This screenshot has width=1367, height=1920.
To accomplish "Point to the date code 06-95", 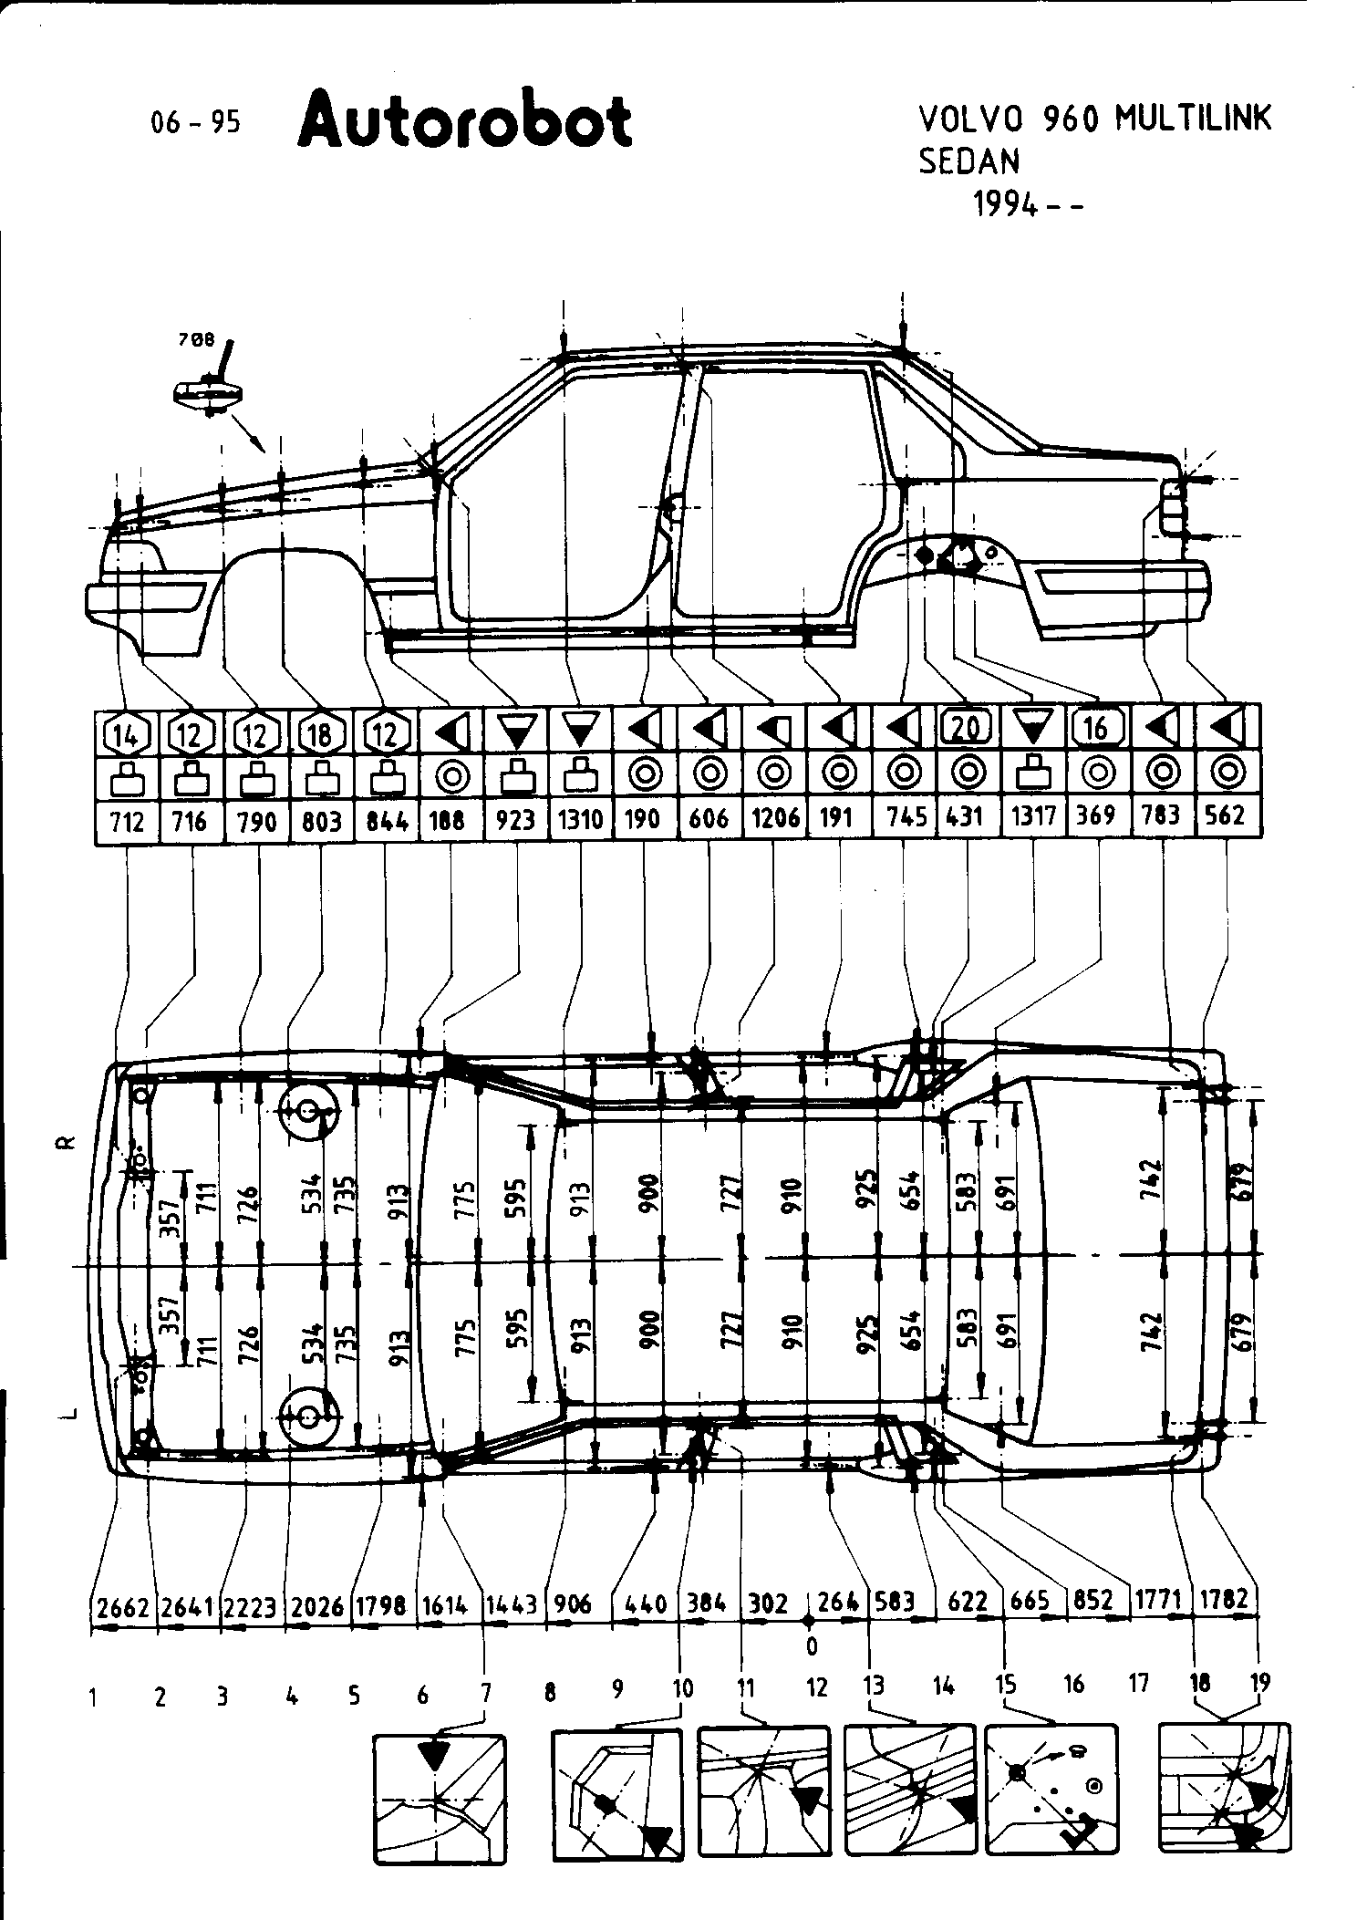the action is point(197,122).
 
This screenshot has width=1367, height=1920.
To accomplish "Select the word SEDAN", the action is point(968,161).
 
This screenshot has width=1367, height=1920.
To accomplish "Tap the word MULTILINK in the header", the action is point(1192,119).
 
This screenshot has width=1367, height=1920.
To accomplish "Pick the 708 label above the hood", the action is point(196,339).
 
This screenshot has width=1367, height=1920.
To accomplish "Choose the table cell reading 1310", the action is point(581,819).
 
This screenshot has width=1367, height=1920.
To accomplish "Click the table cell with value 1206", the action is point(775,818).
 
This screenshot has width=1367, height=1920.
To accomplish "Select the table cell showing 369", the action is point(1095,815).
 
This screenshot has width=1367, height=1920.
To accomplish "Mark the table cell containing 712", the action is point(128,821).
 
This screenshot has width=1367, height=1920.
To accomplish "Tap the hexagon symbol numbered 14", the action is point(126,732).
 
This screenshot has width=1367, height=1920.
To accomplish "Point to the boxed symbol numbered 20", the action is point(966,727).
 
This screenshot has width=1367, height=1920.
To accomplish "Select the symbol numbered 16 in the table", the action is point(1096,727).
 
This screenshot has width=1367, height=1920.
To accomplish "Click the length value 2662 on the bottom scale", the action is point(123,1606).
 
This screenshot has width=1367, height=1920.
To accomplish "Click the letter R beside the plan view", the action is point(66,1143).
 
